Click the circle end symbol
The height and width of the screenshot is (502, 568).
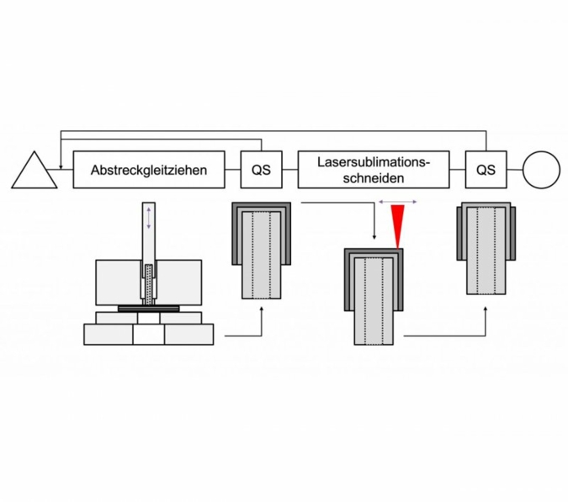coord(541,169)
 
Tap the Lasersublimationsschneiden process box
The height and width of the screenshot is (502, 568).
coord(374,169)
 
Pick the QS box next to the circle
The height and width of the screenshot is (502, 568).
coord(486,169)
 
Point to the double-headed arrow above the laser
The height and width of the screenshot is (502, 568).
coord(397,203)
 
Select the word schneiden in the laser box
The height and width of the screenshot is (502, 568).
coord(374,178)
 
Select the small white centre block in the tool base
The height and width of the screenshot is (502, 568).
coord(148,334)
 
